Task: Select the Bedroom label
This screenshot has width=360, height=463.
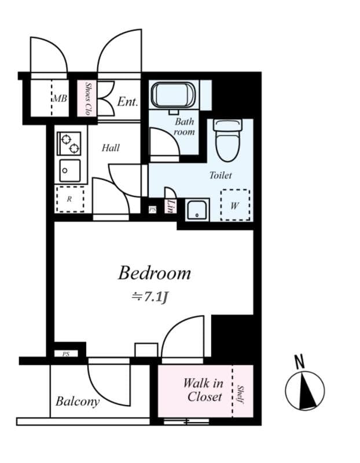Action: click(x=155, y=273)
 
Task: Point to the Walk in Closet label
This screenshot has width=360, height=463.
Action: click(x=204, y=389)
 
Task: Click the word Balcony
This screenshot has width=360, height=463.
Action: click(x=78, y=401)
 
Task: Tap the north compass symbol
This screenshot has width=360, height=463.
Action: click(x=304, y=389)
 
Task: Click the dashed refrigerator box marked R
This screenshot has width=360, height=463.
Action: click(x=70, y=199)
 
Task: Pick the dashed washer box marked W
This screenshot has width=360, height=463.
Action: click(x=236, y=205)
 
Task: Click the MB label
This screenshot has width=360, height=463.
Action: click(x=60, y=98)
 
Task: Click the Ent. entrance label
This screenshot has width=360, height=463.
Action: click(x=127, y=102)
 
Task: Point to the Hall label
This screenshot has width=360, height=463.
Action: click(x=111, y=148)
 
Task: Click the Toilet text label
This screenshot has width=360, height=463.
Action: click(x=221, y=175)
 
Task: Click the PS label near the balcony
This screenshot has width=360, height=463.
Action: click(x=65, y=353)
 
